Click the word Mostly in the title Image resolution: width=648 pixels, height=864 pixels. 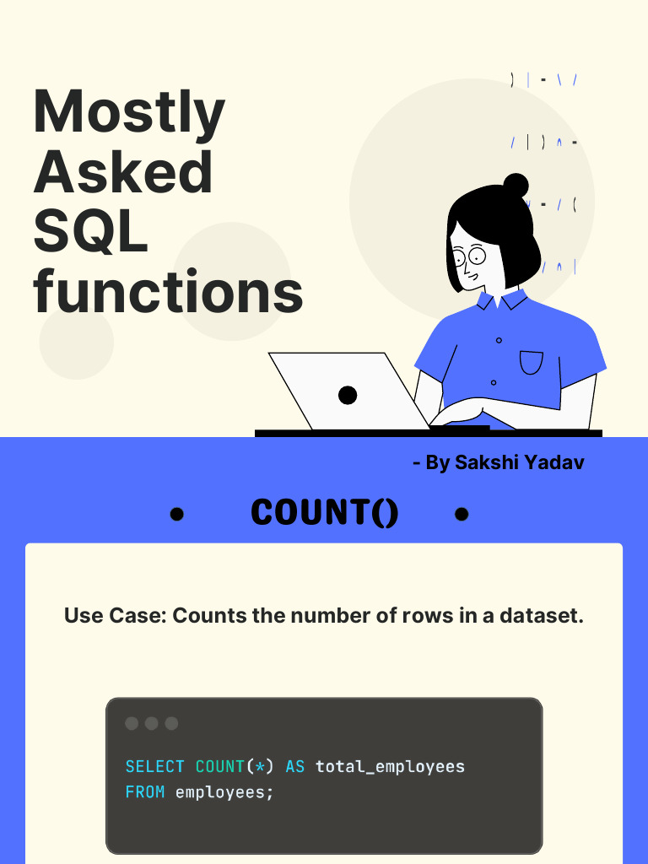129,114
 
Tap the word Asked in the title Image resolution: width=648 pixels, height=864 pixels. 123,172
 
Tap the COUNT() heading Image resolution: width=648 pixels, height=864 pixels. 325,513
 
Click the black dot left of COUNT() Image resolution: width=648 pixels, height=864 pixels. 176,514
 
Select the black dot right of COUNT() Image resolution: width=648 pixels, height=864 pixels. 462,514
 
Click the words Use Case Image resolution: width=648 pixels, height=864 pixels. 114,616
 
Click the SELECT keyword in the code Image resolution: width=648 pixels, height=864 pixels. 154,767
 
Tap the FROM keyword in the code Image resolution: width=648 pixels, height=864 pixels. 144,793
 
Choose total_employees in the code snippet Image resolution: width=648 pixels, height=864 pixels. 390,767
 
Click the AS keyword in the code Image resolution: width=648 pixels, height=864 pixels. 295,767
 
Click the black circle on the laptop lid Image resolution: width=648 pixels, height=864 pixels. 348,394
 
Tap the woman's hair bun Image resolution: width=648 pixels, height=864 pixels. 516,186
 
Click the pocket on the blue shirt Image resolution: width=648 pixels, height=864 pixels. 532,363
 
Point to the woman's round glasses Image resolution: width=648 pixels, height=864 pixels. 469,254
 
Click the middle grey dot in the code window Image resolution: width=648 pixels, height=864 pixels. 152,723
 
